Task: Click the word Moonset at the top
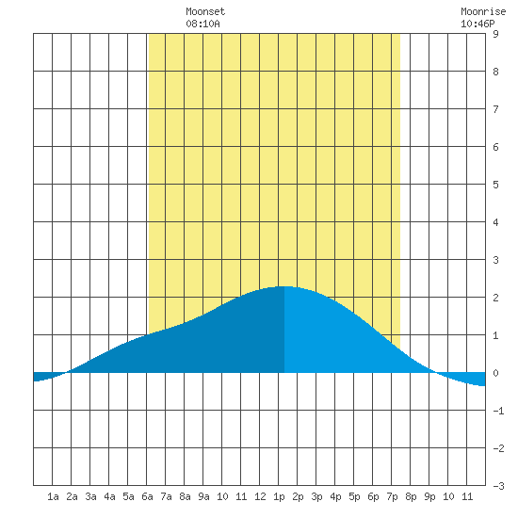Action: coord(205,11)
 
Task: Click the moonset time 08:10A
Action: coord(202,24)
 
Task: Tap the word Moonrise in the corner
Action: coord(483,11)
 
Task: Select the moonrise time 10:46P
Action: coord(478,24)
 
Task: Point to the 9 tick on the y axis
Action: coord(495,34)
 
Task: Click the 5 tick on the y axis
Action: coord(495,185)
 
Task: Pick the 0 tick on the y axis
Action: coord(495,373)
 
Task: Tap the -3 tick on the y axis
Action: coord(498,486)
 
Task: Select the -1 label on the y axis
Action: coord(498,411)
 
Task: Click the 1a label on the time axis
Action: coord(53,496)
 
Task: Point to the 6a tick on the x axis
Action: coord(147,496)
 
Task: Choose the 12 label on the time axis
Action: coord(260,496)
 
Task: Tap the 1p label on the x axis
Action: coord(279,496)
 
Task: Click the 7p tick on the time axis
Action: coord(392,496)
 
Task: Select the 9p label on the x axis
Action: coord(429,496)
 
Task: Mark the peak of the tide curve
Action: coord(284,286)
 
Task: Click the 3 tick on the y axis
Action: coord(495,260)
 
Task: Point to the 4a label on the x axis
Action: coord(109,496)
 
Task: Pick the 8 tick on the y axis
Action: coord(495,72)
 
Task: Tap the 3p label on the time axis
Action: coord(316,496)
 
